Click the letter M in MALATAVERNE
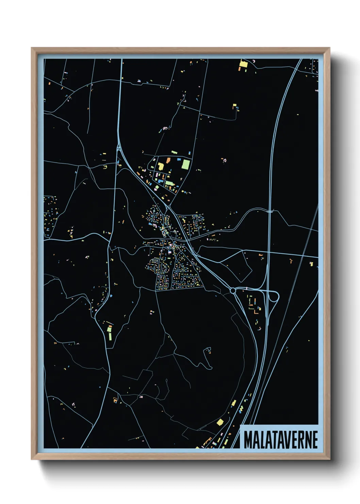coord(248,440)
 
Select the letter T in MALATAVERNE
coord(274,440)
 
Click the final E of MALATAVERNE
coord(315,440)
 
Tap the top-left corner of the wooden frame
coord(32,48)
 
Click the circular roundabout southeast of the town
coord(233,290)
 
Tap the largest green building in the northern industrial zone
coord(185,164)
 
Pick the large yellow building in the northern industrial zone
coord(161,166)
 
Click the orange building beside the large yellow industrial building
coord(168,160)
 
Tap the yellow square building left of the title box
coord(220,422)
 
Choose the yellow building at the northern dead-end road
coord(234,106)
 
